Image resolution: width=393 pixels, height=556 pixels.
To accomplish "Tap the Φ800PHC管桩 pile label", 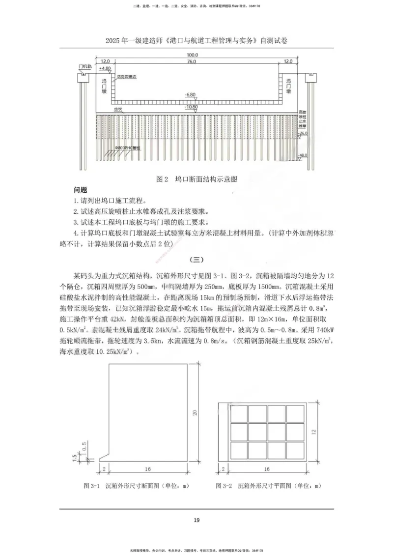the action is (127, 147).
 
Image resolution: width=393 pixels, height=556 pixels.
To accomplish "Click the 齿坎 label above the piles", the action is (118, 111).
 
